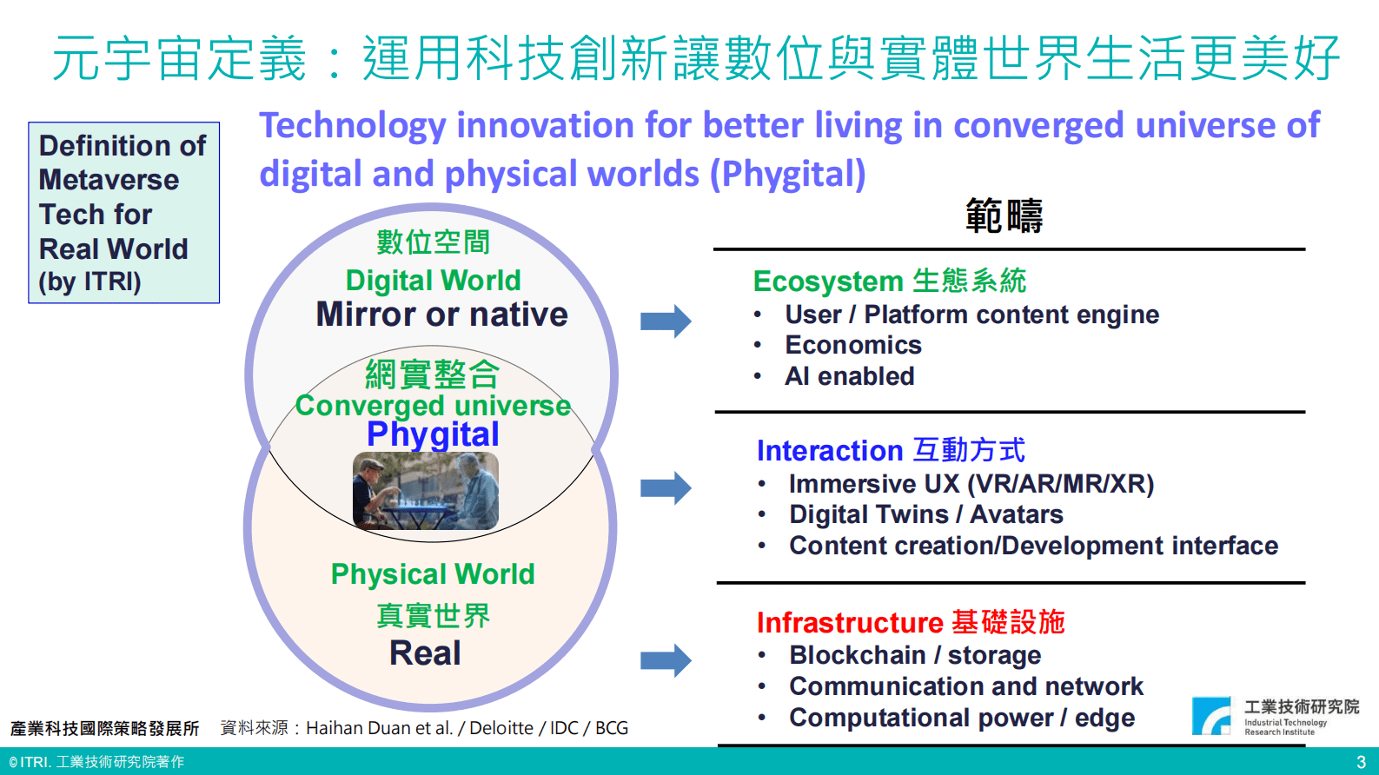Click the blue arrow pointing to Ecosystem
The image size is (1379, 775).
666,321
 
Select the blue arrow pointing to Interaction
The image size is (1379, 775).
666,488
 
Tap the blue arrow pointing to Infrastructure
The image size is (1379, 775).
666,660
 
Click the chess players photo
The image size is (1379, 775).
426,491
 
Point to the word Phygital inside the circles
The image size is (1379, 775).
433,434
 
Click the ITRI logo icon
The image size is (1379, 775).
1211,716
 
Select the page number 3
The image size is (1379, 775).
1361,762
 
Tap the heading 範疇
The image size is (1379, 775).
1004,216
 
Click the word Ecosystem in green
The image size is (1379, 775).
828,282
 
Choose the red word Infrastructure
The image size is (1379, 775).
850,622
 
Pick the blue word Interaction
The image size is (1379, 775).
829,451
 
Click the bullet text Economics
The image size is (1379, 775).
853,345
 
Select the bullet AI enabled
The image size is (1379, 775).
850,376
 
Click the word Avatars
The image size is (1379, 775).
1017,514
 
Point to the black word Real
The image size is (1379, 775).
426,653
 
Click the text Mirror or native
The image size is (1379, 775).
442,315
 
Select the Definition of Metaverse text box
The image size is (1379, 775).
123,212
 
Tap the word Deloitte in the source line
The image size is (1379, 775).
501,728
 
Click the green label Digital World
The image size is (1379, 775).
434,280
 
